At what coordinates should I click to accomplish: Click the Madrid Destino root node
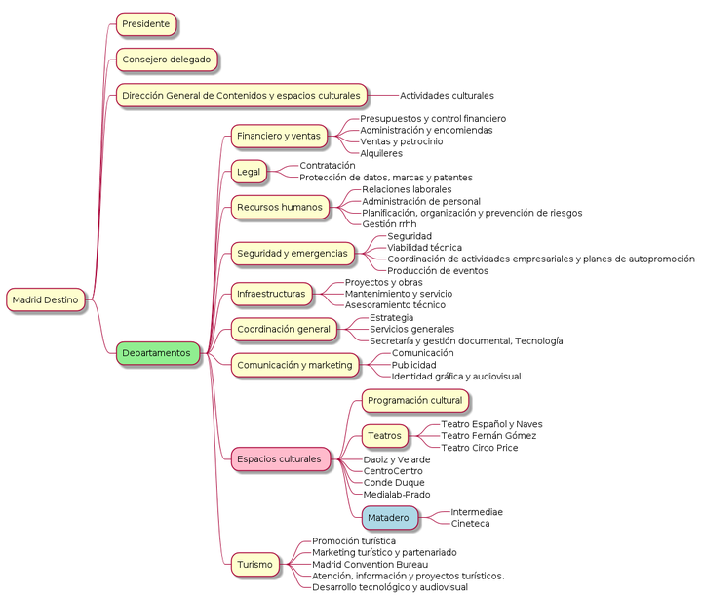[45, 299]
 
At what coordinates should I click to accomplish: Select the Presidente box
[146, 24]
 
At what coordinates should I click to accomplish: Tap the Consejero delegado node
[167, 60]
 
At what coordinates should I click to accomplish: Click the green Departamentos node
[156, 353]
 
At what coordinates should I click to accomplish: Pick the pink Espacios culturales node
[280, 459]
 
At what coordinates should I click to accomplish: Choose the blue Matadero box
[389, 518]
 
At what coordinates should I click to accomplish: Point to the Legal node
[249, 172]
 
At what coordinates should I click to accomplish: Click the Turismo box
[255, 565]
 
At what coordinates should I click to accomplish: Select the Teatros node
[385, 436]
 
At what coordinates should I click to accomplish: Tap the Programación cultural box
[415, 401]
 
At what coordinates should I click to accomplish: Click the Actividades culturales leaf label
[447, 96]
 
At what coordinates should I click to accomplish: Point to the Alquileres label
[381, 153]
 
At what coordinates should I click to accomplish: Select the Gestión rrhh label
[389, 224]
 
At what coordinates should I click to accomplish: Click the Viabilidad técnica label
[424, 247]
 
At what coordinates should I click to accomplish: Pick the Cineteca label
[470, 524]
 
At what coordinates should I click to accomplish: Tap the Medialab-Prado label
[397, 495]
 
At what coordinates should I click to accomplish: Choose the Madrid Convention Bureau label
[370, 565]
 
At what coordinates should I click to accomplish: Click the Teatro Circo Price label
[480, 448]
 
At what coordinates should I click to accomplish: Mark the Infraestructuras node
[271, 294]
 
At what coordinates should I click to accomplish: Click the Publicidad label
[413, 365]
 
